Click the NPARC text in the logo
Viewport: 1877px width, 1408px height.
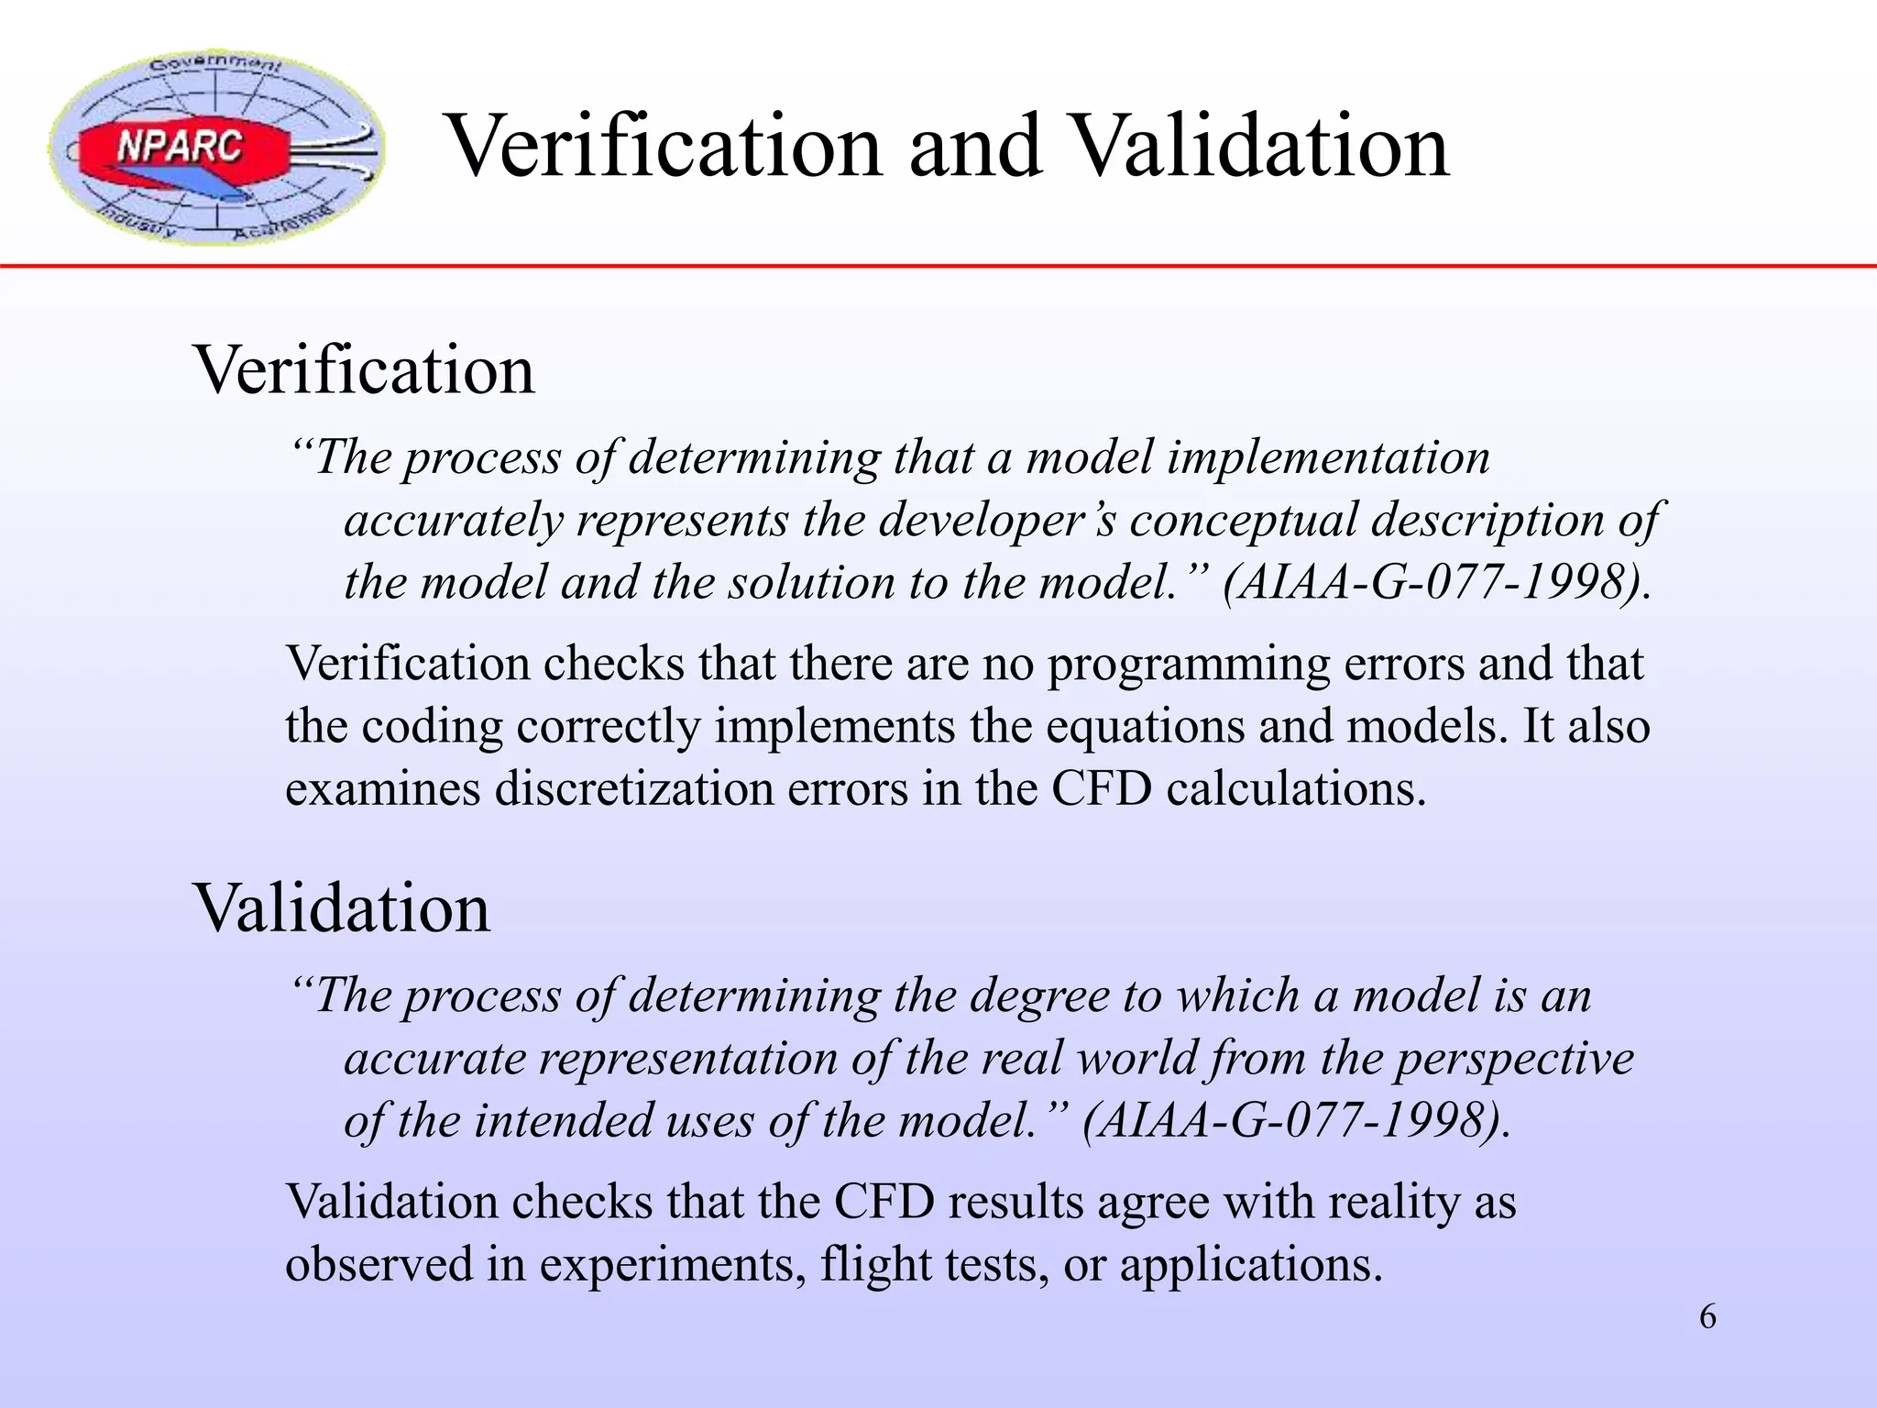click(181, 147)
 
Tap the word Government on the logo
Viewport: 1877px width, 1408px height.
click(215, 64)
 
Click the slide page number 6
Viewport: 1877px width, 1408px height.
click(1707, 1317)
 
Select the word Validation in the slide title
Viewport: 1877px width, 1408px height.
click(1259, 147)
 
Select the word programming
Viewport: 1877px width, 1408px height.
click(1188, 665)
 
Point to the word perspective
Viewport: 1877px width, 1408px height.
click(1515, 1060)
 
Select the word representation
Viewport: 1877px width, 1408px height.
click(687, 1058)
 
